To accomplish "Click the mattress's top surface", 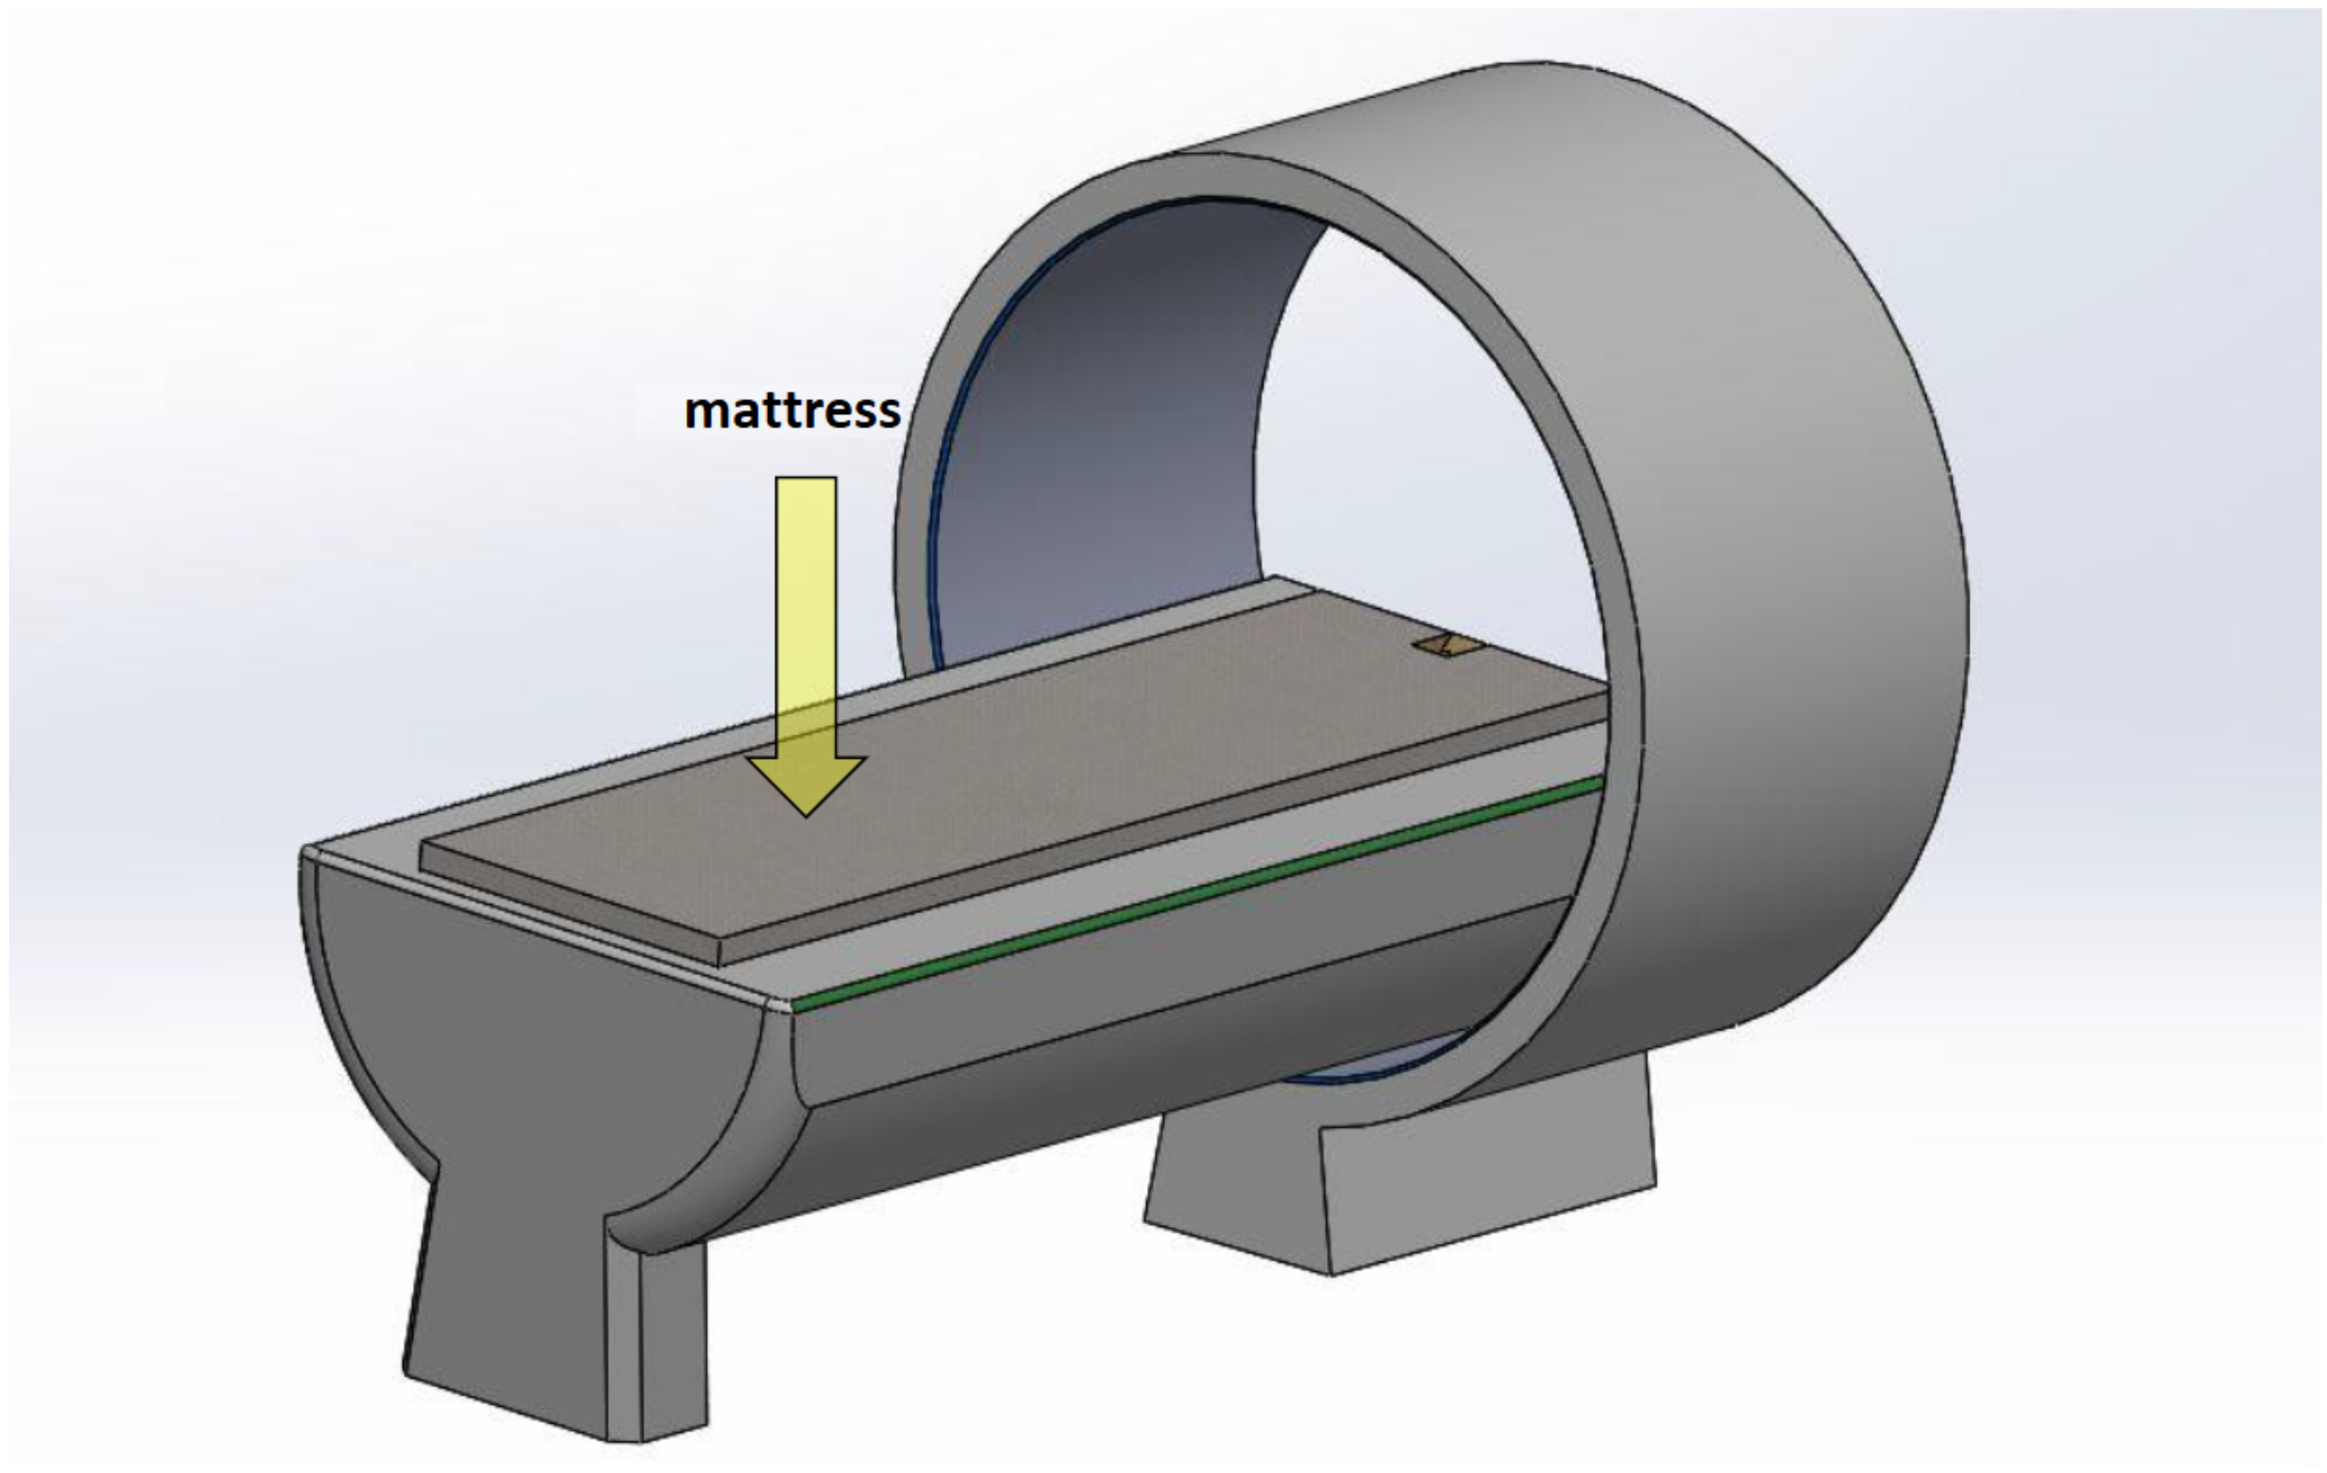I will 1015,774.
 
